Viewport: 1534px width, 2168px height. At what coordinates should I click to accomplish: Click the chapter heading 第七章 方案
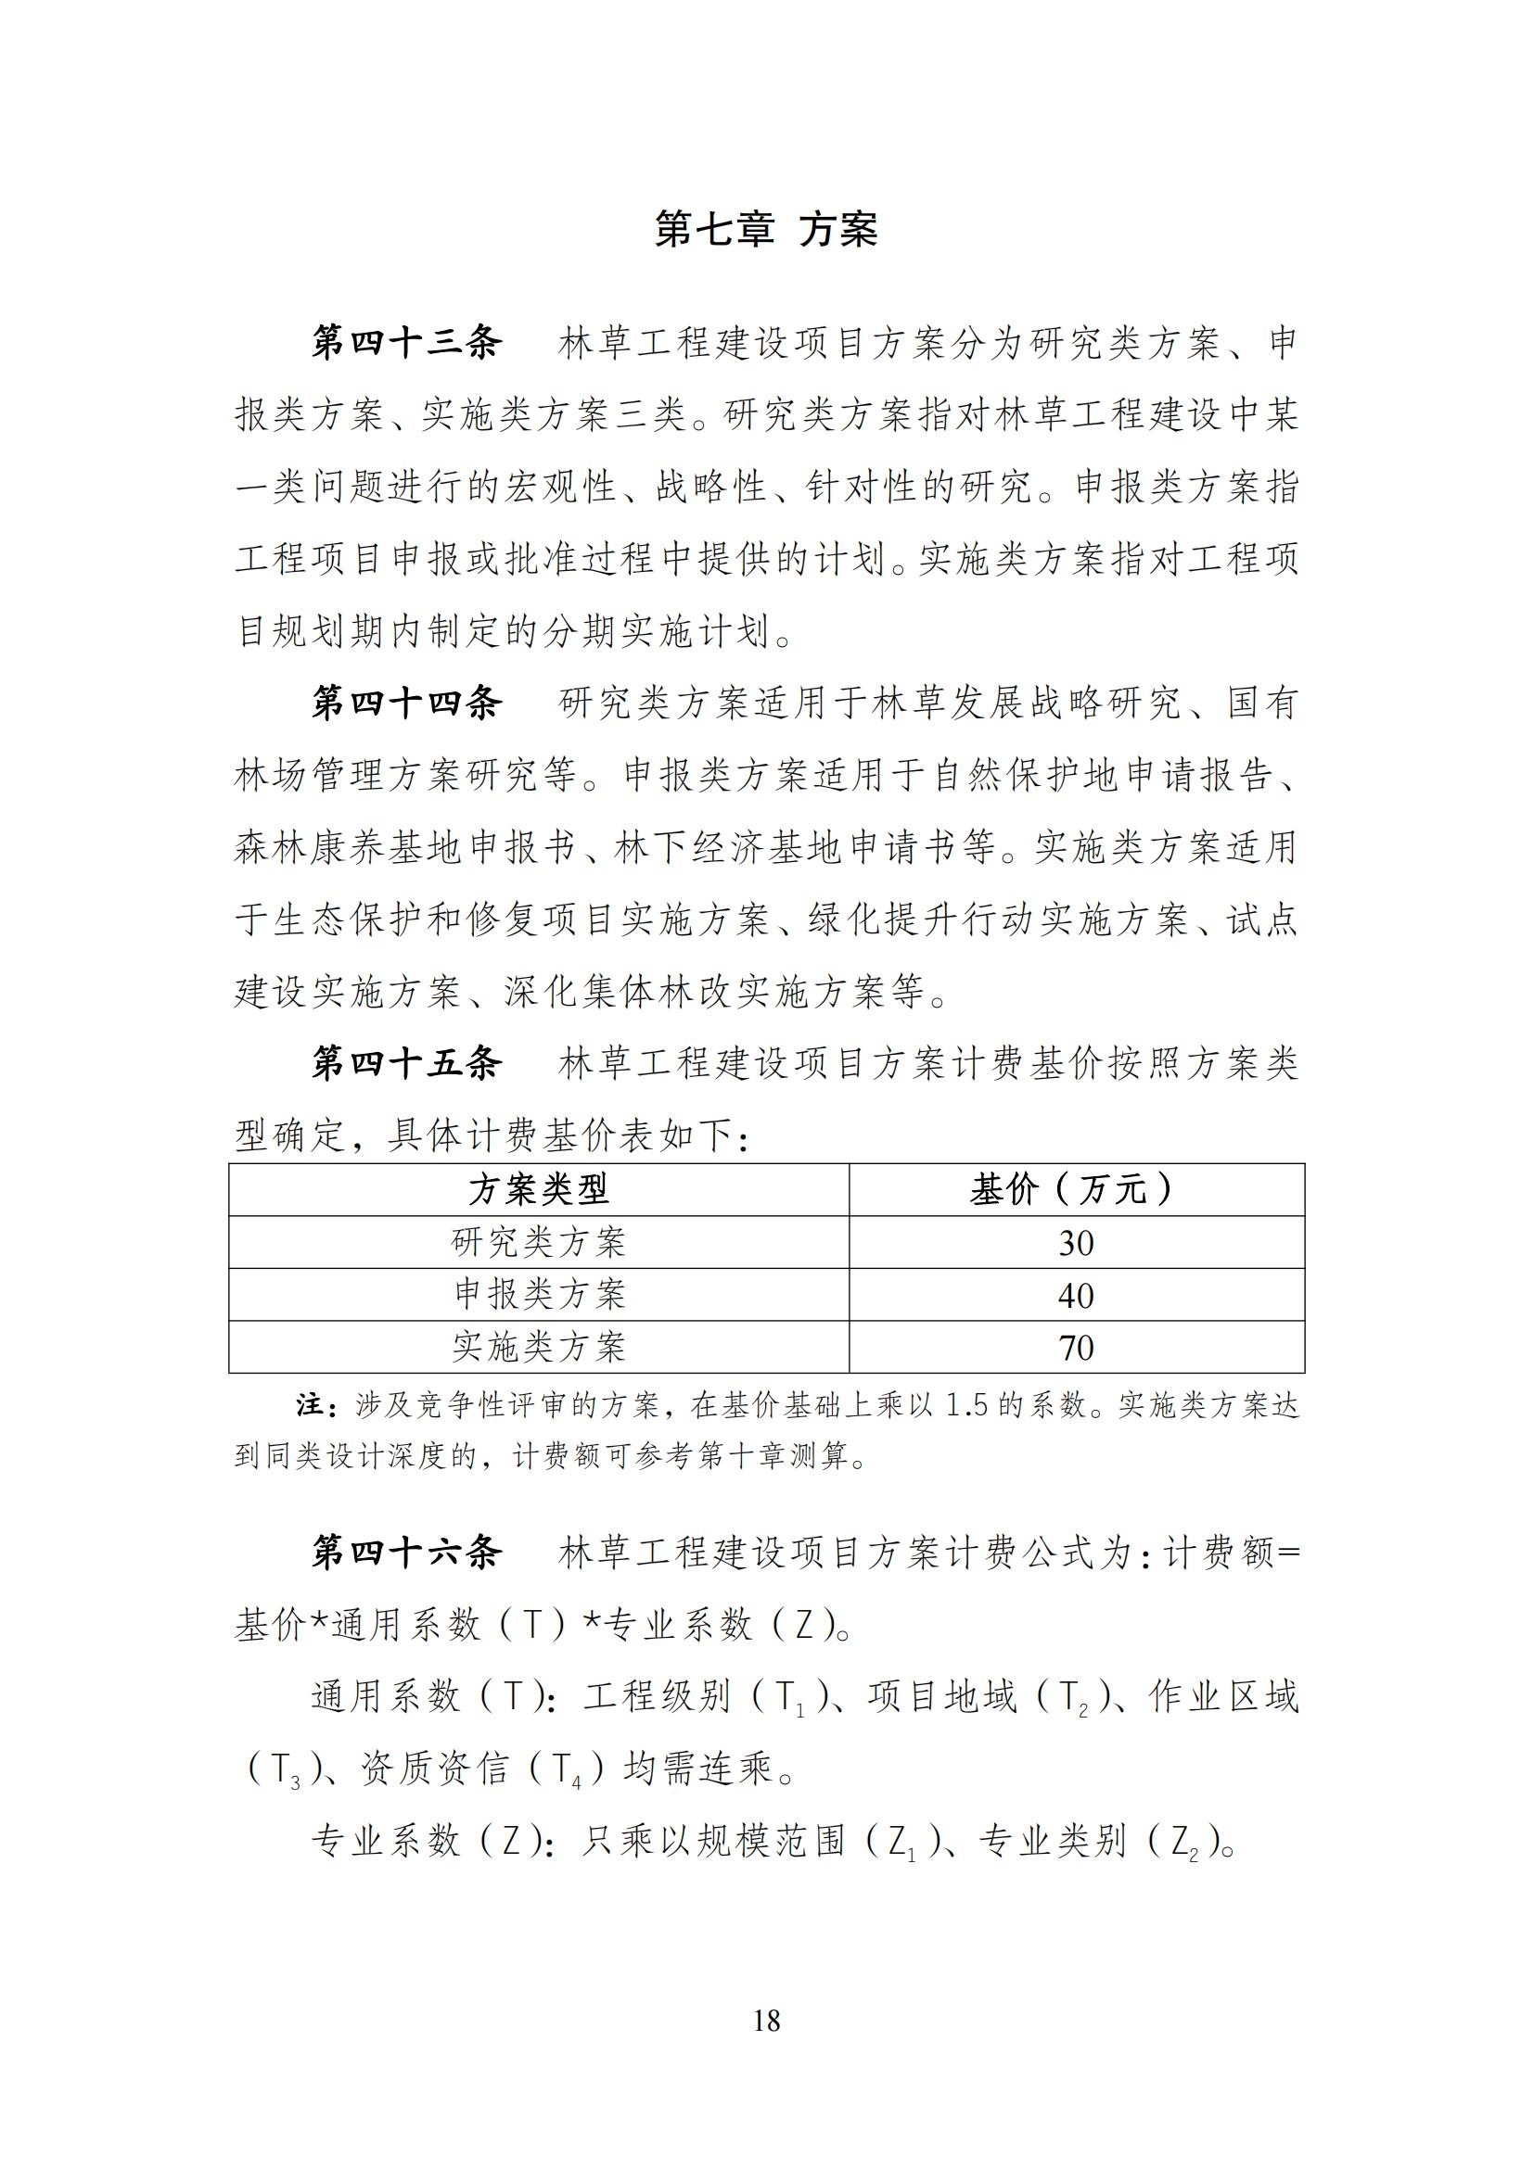(x=766, y=230)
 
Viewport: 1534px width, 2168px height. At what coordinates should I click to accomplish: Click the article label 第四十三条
(x=407, y=343)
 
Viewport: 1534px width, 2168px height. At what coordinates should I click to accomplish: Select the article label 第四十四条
(x=407, y=704)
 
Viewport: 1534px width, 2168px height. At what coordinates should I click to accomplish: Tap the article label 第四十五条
(x=407, y=1064)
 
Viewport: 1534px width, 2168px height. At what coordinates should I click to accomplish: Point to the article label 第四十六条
(x=407, y=1553)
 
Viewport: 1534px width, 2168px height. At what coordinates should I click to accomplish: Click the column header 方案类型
(x=539, y=1190)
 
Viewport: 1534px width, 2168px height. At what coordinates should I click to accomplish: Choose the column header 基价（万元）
(x=1075, y=1190)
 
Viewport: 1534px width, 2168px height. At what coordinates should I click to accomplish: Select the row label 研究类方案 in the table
(x=539, y=1242)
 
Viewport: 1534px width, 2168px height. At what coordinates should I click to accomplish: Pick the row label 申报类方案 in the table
(x=539, y=1294)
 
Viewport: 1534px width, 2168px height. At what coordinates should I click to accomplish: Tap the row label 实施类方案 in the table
(x=539, y=1347)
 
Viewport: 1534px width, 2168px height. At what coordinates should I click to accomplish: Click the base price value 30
(x=1076, y=1243)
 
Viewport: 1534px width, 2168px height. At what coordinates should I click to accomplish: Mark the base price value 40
(x=1076, y=1295)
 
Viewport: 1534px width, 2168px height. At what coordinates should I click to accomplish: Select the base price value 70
(x=1076, y=1348)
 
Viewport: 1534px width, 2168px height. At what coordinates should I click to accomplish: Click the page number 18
(x=767, y=2020)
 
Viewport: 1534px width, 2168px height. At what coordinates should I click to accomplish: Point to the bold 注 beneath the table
(x=309, y=1406)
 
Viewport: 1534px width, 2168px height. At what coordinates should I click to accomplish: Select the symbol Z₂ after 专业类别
(x=1184, y=1843)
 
